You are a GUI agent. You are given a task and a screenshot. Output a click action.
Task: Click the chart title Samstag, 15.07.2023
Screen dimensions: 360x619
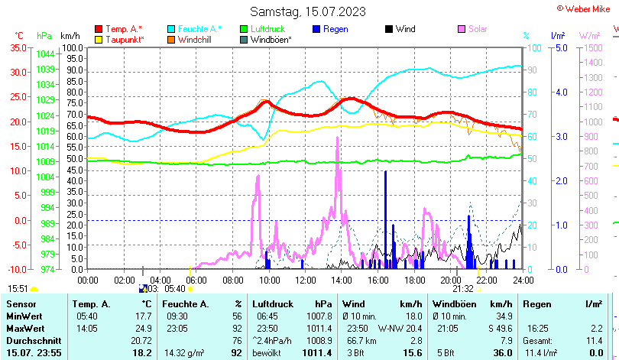[x=308, y=11]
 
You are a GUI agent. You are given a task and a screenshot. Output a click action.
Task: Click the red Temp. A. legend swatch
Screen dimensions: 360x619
[x=99, y=29]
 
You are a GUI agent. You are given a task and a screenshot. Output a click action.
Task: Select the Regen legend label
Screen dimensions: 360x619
[x=335, y=29]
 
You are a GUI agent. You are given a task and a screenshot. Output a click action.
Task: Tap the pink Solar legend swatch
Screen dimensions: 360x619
[x=462, y=29]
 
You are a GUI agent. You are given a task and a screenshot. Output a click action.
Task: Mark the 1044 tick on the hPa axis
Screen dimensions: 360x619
[x=45, y=54]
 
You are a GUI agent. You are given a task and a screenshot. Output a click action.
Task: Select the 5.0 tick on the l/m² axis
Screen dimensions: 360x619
[x=560, y=47]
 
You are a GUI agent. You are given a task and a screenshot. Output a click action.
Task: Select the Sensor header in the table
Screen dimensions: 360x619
[x=21, y=304]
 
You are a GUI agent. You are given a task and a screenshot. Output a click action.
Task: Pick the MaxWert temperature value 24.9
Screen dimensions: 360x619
[x=141, y=328]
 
